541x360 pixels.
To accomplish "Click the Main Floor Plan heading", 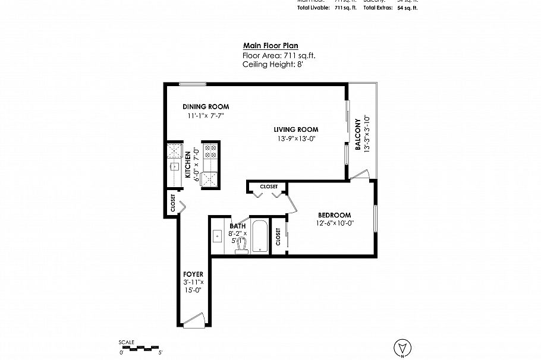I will tap(270, 46).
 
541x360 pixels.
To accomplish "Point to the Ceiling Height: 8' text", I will tap(273, 64).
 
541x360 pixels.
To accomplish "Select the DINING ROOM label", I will tap(206, 107).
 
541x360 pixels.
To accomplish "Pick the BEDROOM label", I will tap(334, 215).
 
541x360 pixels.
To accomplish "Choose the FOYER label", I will tap(193, 274).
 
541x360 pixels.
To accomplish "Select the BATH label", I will tap(238, 226).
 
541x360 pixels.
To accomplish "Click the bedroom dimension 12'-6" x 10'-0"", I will tap(335, 224).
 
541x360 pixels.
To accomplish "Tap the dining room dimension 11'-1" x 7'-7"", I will tap(205, 116).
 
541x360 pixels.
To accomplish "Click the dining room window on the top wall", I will tap(193, 83).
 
